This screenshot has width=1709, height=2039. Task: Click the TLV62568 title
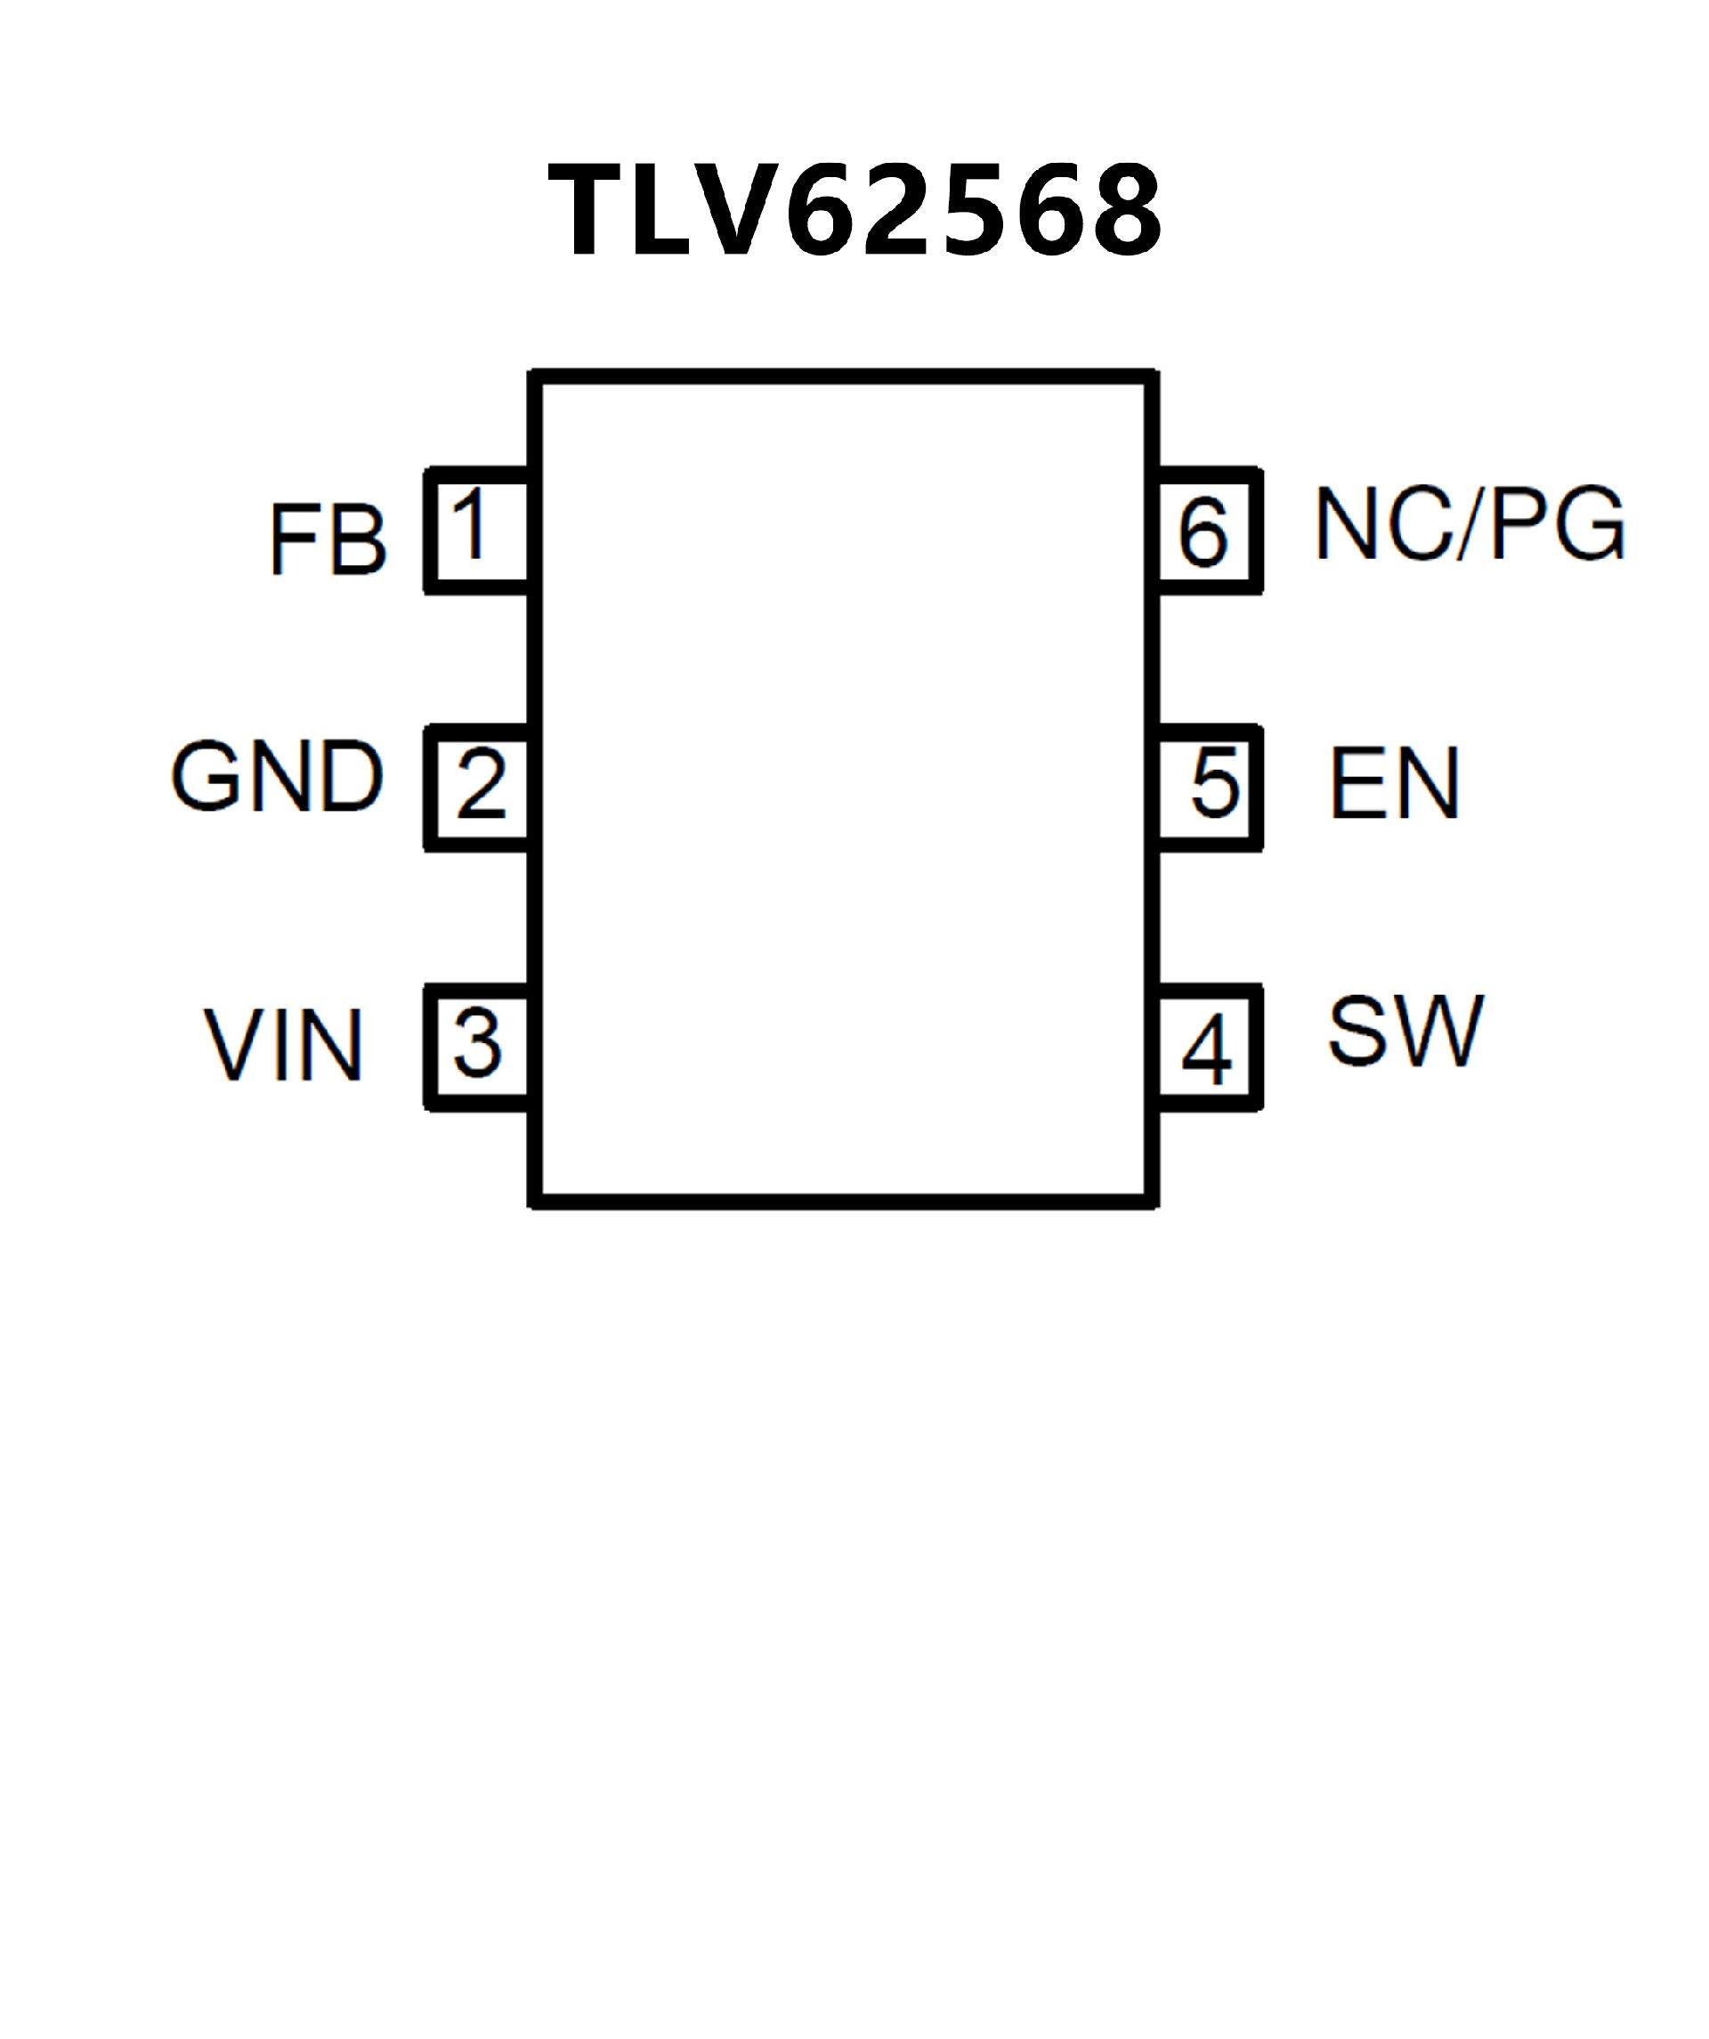854,210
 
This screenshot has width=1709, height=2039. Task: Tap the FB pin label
328,540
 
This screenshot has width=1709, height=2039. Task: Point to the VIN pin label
284,1045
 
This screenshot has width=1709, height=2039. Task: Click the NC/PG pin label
1470,524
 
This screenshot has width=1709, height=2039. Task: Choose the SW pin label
1405,1032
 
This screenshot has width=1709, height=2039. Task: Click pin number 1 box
478,530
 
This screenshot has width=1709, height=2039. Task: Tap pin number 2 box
478,787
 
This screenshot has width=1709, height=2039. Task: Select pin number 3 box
478,1046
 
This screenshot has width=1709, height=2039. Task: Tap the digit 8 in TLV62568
1124,210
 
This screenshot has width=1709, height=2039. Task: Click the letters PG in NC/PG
1556,524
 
